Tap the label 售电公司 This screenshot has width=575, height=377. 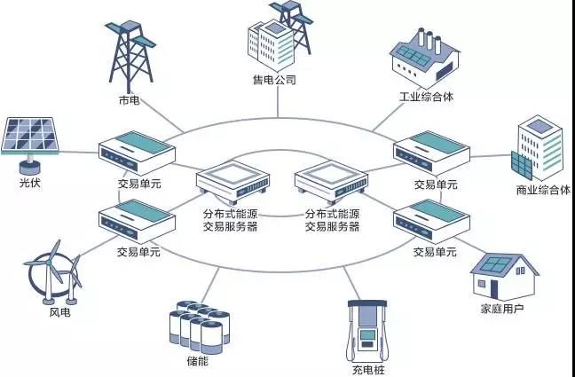(274, 80)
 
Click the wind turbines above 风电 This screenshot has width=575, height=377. (53, 272)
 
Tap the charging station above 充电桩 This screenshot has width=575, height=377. (367, 332)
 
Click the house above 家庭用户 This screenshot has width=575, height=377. (504, 277)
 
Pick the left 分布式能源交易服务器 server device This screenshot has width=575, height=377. (232, 182)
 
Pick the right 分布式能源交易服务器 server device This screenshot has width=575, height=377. (331, 182)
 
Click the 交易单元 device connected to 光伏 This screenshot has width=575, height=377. (137, 153)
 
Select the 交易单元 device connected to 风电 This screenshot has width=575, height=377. (137, 221)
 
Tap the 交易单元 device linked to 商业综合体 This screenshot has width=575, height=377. (431, 153)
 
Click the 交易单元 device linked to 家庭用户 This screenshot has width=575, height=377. (431, 221)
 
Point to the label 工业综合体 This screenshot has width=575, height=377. (426, 98)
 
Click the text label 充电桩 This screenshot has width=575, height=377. (368, 370)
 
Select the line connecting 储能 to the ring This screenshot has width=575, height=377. (210, 285)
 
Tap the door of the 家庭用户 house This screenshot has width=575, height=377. (493, 288)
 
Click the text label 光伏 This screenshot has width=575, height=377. (29, 183)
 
